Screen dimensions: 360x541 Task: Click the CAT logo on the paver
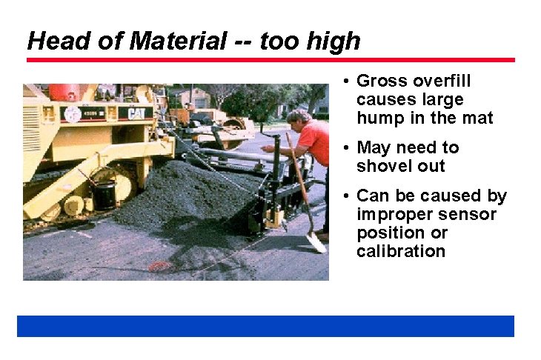click(135, 113)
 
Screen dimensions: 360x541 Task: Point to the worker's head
click(299, 118)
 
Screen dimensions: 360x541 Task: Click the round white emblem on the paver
click(73, 114)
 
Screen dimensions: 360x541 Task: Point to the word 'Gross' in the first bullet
click(379, 81)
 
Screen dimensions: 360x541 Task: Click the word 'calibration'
click(400, 251)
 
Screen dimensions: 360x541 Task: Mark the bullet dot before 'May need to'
click(347, 148)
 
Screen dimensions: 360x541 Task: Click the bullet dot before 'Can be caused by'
click(347, 196)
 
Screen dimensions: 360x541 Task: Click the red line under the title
click(270, 59)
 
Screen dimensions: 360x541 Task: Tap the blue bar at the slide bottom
click(265, 326)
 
